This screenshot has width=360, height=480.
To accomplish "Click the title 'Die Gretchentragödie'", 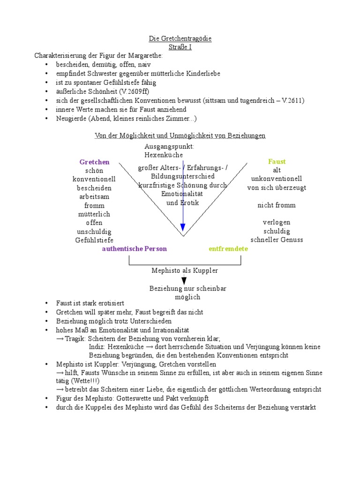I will (x=180, y=38).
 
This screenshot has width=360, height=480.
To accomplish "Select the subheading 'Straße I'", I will (x=180, y=47).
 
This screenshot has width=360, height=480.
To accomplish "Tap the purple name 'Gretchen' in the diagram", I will (x=94, y=162).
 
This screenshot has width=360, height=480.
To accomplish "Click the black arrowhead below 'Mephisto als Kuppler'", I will (x=184, y=280).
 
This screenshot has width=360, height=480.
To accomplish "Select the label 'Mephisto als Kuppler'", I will (x=185, y=271).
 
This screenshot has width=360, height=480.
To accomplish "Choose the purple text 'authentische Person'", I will (x=134, y=249).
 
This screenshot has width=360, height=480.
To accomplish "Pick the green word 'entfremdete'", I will (x=228, y=249).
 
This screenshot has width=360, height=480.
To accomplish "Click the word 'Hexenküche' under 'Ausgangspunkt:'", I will (x=164, y=155).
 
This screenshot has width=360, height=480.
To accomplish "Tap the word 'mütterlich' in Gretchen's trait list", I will (x=94, y=214).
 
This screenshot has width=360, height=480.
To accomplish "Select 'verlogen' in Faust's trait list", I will (x=277, y=223).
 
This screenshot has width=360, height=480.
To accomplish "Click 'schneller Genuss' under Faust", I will (x=277, y=240).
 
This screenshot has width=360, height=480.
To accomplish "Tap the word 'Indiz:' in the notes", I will (x=97, y=347).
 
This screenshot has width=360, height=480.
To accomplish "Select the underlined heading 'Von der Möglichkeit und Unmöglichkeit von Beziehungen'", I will (x=180, y=136).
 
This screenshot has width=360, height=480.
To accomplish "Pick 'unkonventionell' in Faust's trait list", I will (x=277, y=179).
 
